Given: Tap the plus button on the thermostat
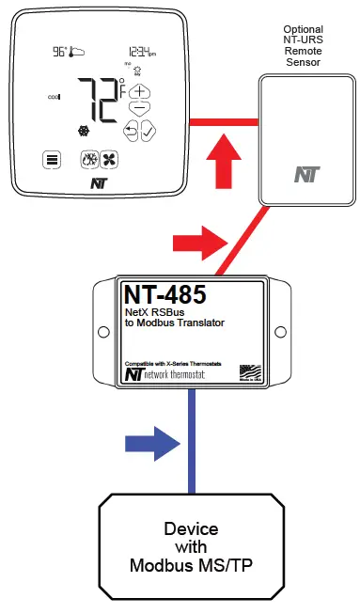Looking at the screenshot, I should pos(139,93).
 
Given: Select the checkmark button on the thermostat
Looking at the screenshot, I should pos(149,131).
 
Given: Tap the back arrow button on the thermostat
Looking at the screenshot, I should pos(131,130).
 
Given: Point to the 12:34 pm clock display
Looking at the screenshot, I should pos(142,54).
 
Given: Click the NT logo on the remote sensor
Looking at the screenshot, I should pos(305,174).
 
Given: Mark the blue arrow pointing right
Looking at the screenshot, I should pos(151,439).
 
